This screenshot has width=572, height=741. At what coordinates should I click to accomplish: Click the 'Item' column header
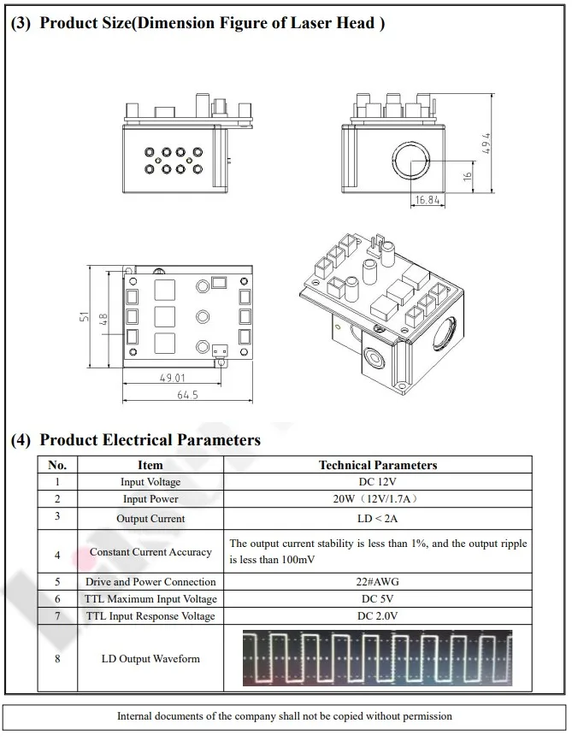pos(150,465)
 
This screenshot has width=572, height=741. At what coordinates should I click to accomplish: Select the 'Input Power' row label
pos(150,499)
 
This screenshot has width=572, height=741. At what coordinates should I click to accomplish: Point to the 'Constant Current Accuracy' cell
pos(150,552)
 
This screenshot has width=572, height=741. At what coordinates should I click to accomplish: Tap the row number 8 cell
pos(57,658)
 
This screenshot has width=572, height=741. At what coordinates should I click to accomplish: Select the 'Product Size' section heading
pos(197,22)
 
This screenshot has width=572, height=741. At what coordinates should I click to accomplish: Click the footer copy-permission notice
pos(285,716)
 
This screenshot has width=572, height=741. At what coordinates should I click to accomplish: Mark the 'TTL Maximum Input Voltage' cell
pos(150,599)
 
